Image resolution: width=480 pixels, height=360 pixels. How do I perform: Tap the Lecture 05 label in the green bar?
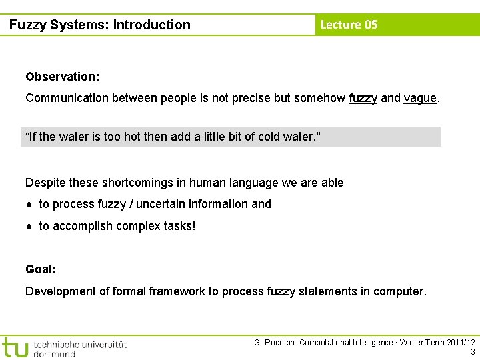coord(349,25)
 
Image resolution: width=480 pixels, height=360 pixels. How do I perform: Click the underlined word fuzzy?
coord(363,98)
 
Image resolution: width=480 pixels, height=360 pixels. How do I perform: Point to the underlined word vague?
coord(420,98)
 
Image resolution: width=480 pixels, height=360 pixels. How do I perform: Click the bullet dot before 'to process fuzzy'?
coord(30,204)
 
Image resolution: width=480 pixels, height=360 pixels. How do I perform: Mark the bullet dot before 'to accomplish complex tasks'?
coord(30,226)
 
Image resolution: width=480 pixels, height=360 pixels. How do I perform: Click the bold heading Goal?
coord(41,269)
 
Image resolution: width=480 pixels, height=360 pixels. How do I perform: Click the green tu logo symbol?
coord(15,347)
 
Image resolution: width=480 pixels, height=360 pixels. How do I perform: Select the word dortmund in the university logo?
coord(54,354)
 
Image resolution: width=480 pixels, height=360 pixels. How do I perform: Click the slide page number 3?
coord(473,352)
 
